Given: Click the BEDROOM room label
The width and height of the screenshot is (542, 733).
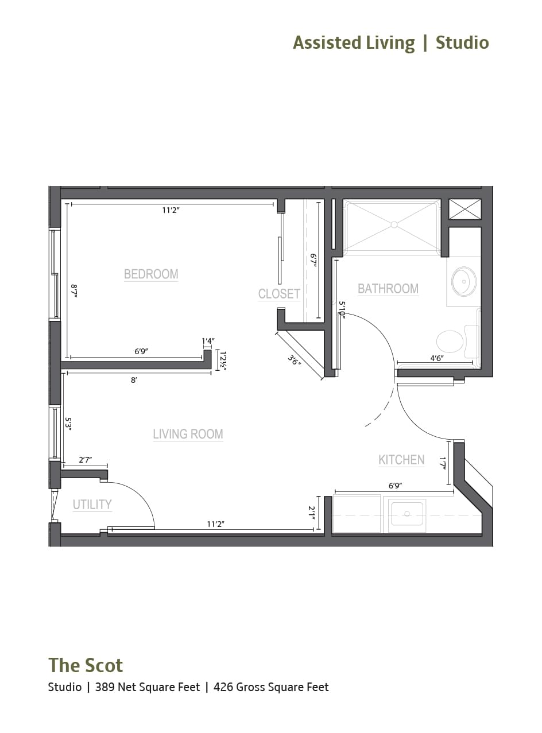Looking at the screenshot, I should tap(151, 274).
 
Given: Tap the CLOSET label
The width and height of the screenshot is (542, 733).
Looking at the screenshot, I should tap(279, 294).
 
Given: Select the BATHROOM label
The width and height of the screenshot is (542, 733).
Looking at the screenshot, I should tap(388, 288).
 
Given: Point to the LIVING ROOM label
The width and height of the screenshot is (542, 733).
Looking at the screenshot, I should tap(188, 434).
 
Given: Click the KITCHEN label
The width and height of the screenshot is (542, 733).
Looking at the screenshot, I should tap(401, 460).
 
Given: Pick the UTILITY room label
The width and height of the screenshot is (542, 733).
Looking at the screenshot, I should tap(92, 505).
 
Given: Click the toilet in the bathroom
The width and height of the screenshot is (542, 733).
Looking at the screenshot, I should tap(450, 341).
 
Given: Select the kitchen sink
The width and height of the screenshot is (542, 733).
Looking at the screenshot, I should tap(407, 513).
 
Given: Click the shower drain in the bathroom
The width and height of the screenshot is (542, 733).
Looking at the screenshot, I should tap(394, 224).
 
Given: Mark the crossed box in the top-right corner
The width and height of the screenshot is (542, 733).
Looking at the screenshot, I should tap(464, 209).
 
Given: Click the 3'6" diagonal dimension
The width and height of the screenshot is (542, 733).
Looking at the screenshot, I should tap(295, 360).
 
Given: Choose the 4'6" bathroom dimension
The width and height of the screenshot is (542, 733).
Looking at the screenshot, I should tap(436, 358).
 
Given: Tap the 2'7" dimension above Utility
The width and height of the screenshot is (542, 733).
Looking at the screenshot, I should tap(85, 460).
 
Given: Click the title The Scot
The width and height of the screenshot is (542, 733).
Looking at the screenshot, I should tap(86, 665).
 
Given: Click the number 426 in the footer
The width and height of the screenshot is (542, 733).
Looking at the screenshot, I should tap(223, 687).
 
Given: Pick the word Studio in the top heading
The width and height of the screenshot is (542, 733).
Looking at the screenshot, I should tap(462, 42).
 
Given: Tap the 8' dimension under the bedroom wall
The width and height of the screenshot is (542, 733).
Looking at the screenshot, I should tap(134, 379).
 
